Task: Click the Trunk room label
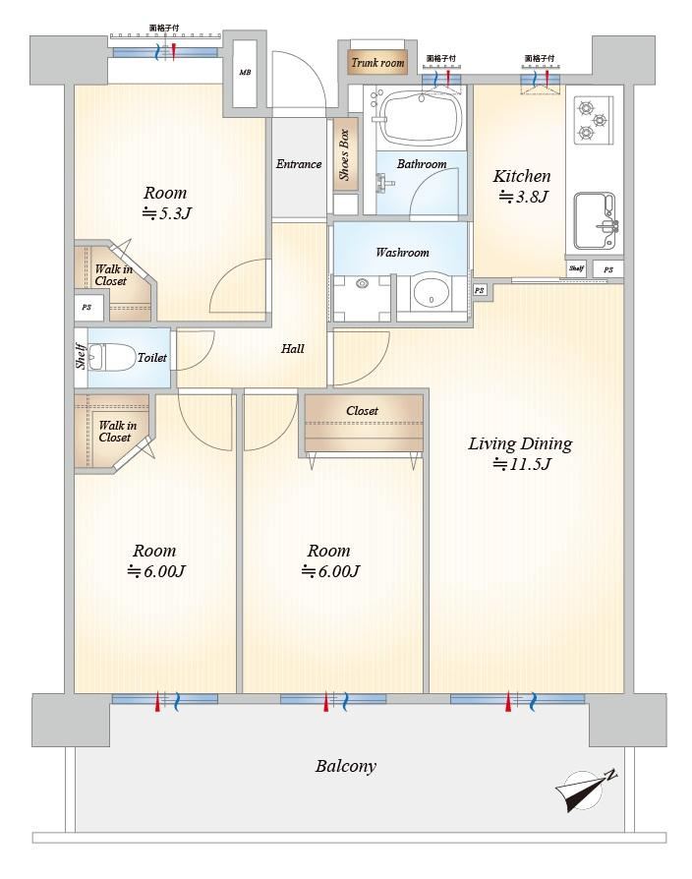click(x=377, y=63)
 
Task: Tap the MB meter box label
click(x=245, y=73)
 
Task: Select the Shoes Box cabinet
click(x=344, y=155)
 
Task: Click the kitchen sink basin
click(x=594, y=220)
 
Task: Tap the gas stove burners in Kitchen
click(x=593, y=119)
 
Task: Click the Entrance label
click(x=299, y=164)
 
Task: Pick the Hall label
click(x=293, y=349)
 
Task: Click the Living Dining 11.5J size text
click(x=523, y=464)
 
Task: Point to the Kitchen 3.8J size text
click(x=523, y=197)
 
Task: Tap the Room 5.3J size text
click(x=167, y=213)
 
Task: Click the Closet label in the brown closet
click(x=362, y=411)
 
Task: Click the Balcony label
click(x=346, y=766)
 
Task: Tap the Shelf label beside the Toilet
click(x=81, y=357)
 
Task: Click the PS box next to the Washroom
click(x=479, y=290)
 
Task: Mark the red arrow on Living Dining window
click(x=508, y=701)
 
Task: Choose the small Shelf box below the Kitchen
click(x=576, y=269)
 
